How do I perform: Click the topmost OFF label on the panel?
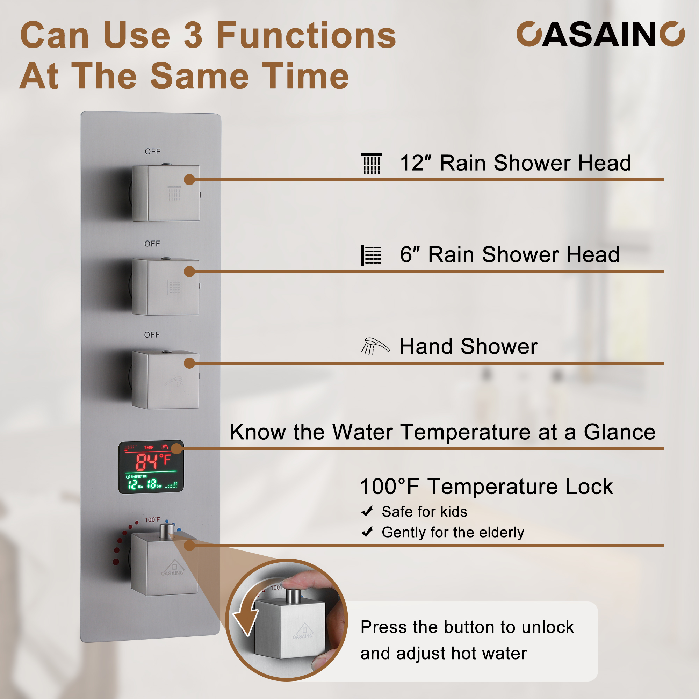152,152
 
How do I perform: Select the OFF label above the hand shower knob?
152,335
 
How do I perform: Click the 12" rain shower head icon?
371,163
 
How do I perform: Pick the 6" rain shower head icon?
371,255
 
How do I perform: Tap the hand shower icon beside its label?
375,346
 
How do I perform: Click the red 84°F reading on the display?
153,462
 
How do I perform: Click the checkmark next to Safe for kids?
367,511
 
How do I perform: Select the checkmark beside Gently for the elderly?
367,532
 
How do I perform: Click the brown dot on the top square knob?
189,179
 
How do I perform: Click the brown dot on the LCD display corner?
176,449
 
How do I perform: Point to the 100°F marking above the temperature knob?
152,520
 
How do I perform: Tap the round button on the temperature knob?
166,531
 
